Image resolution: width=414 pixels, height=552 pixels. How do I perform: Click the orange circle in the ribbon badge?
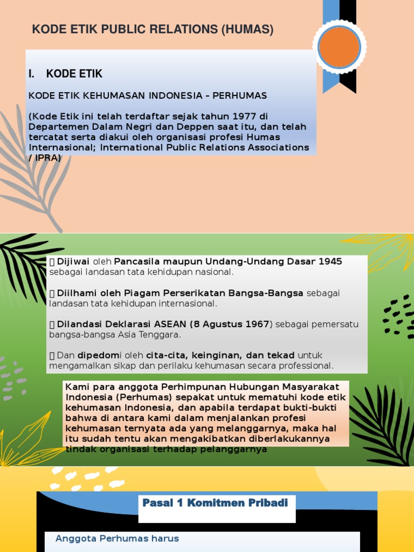[x=339, y=47]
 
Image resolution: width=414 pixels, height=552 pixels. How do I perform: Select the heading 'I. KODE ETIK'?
[x=66, y=74]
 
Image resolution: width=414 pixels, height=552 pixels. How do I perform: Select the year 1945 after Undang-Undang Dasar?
[x=330, y=261]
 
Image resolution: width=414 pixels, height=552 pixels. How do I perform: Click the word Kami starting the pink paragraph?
[x=75, y=387]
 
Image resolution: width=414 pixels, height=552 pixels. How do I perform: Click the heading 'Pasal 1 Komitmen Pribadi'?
[x=215, y=503]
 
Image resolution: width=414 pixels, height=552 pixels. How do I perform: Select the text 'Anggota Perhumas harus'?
[x=117, y=539]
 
